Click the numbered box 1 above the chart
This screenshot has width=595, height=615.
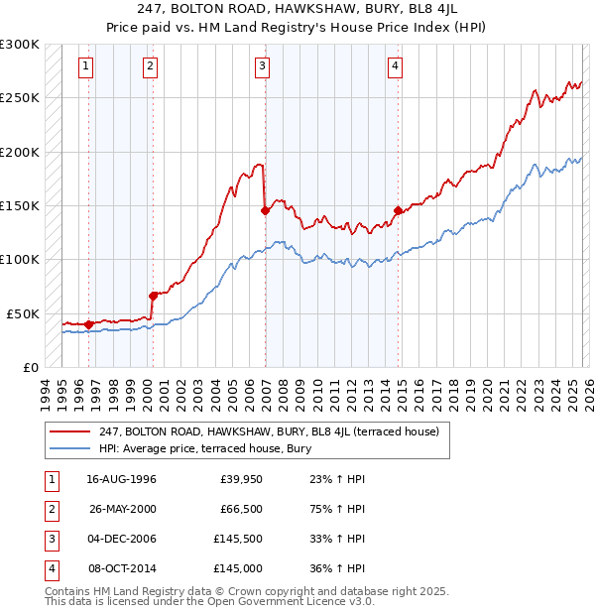86,66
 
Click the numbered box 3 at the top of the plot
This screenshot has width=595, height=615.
263,66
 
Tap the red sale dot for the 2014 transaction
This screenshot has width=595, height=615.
398,210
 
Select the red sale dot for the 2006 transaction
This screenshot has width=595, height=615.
265,210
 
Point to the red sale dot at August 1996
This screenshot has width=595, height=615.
89,323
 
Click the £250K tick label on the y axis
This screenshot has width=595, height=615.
19,98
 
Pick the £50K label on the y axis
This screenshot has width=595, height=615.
22,313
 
